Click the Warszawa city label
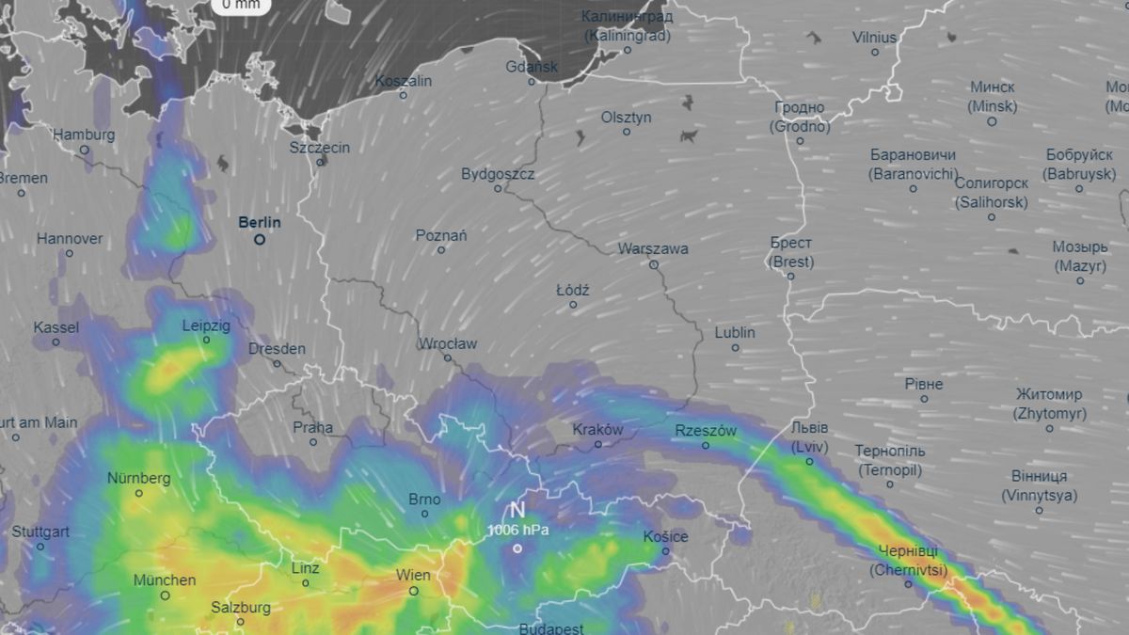(x=653, y=249)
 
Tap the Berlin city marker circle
(x=260, y=240)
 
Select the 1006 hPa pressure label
(x=517, y=530)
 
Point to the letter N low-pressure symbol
(x=517, y=511)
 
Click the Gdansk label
(x=532, y=67)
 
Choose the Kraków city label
(x=598, y=429)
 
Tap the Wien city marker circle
(x=413, y=591)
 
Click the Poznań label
(x=441, y=235)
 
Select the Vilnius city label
(x=875, y=38)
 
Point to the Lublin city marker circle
(x=736, y=348)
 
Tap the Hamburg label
(x=84, y=135)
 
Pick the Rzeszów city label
(x=706, y=431)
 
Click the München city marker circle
(x=165, y=595)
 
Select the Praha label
(x=313, y=427)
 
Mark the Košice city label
(x=665, y=536)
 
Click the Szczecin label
(x=320, y=148)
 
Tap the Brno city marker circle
(x=425, y=514)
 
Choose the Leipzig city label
(x=206, y=325)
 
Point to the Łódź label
(x=572, y=291)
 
